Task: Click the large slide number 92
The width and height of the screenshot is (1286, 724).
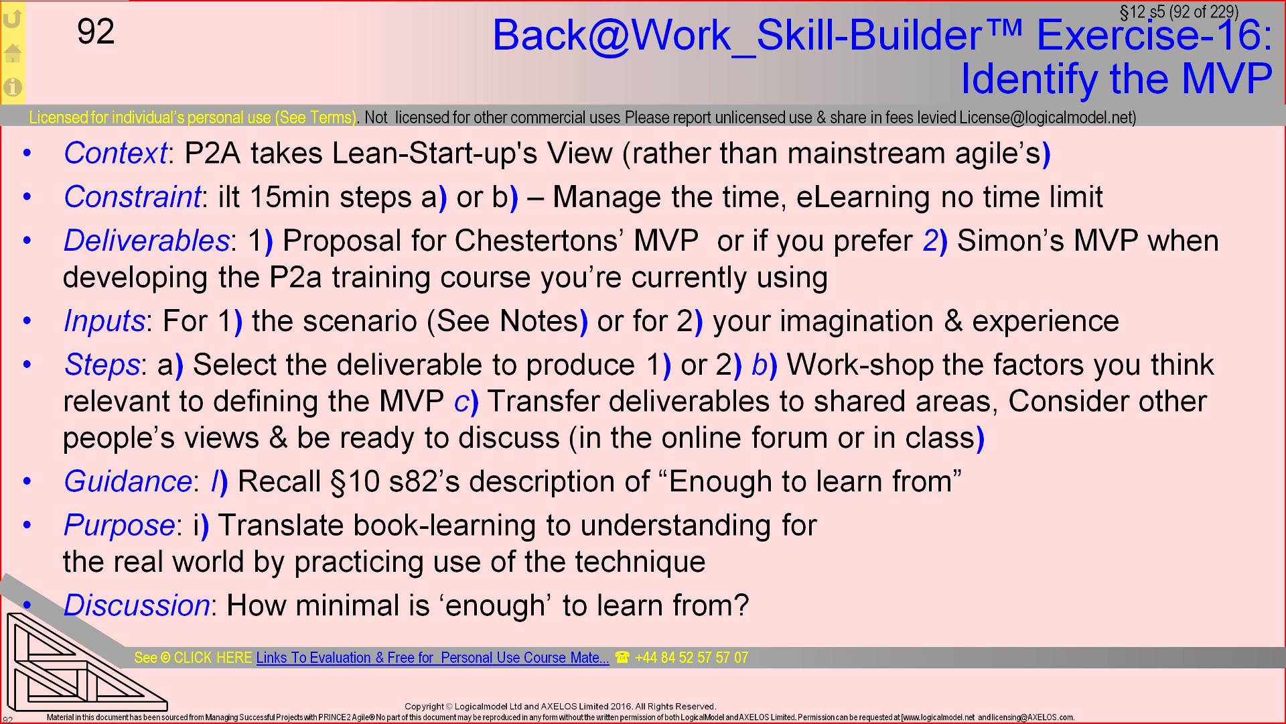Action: click(x=96, y=32)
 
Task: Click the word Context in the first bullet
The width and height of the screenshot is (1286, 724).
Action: click(x=115, y=154)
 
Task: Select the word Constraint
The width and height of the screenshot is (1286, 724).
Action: click(x=132, y=197)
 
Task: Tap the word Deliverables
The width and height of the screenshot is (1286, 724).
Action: click(x=146, y=241)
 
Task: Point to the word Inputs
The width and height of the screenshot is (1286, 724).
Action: click(x=104, y=321)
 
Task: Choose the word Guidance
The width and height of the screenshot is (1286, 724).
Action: click(x=128, y=481)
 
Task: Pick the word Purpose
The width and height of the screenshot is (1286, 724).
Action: click(x=119, y=525)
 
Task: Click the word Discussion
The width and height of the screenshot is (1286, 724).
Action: click(x=137, y=605)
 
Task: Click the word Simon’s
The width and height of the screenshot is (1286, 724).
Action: click(x=1010, y=241)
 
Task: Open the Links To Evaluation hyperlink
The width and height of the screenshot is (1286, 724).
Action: click(x=433, y=658)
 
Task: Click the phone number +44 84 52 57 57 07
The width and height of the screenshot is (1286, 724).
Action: click(x=691, y=658)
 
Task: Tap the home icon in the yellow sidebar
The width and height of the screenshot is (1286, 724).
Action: click(x=13, y=53)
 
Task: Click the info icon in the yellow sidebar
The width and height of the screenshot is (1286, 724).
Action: click(x=13, y=86)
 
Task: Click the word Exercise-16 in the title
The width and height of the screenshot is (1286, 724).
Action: click(x=1153, y=35)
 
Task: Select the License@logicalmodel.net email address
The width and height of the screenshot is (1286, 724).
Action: click(x=1047, y=118)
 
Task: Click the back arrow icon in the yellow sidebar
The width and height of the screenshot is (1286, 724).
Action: click(x=13, y=18)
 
